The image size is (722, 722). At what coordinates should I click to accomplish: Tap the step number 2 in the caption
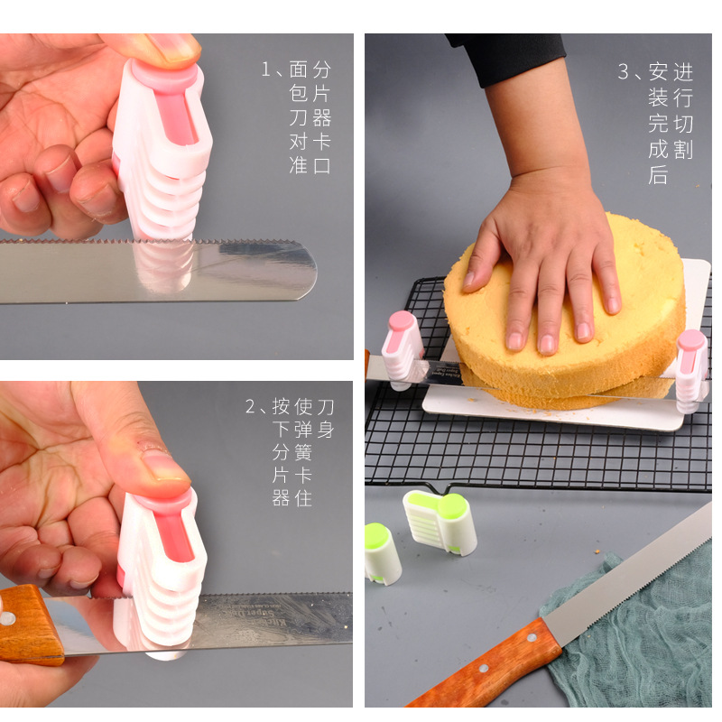coord(252,406)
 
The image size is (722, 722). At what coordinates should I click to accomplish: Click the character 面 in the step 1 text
coord(299,69)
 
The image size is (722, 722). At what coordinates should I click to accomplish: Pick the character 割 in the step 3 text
coord(683,150)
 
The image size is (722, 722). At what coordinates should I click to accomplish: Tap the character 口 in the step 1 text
coord(322,165)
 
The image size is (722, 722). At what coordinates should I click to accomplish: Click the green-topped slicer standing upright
coord(382,552)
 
